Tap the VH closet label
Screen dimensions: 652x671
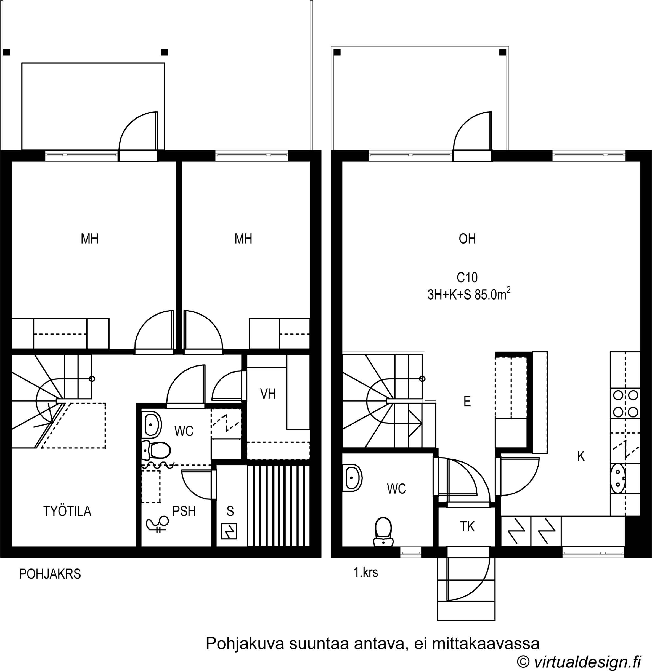[x=268, y=394]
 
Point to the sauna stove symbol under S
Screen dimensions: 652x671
[x=229, y=531]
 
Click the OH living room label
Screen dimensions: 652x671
[x=467, y=239]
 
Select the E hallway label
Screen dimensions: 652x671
[x=467, y=401]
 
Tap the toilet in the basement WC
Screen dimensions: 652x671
[x=156, y=451]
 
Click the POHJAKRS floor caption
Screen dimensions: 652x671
[x=50, y=574]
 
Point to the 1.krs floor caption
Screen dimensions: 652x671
[x=366, y=572]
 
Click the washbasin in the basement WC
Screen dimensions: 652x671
[x=151, y=425]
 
